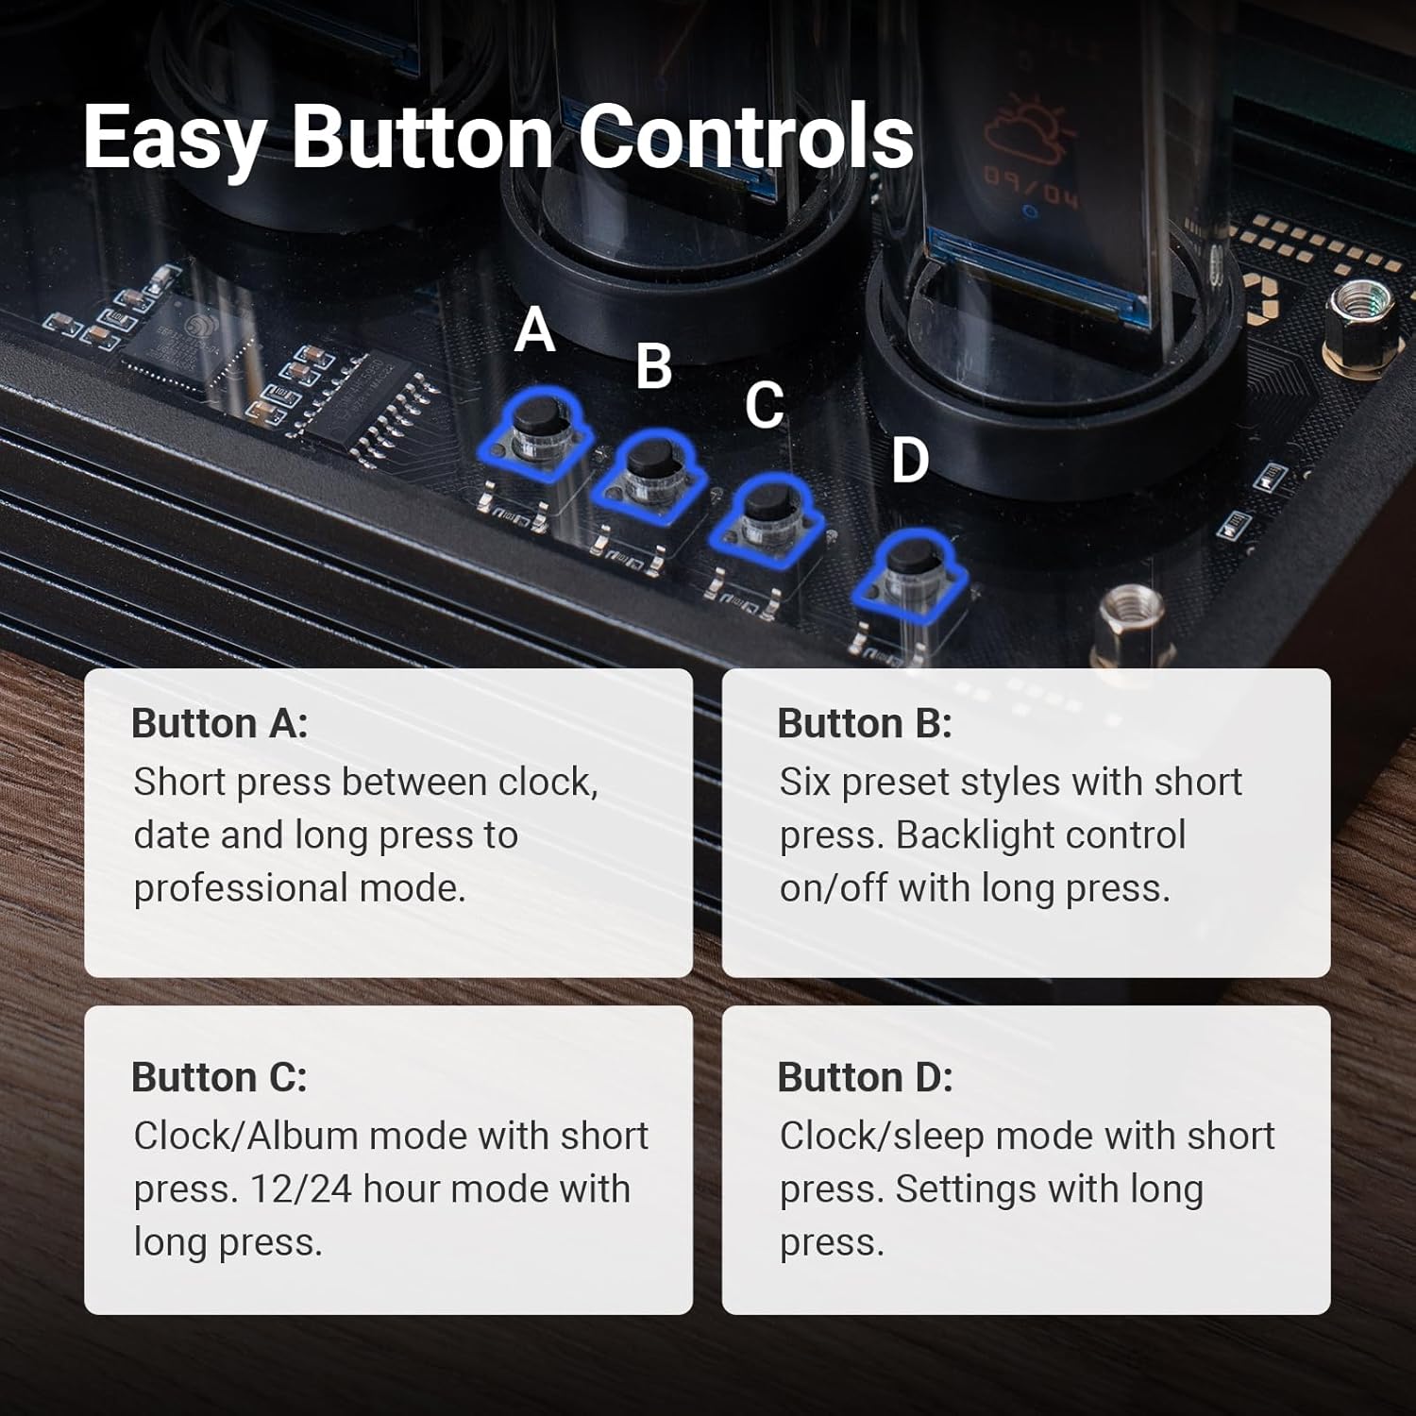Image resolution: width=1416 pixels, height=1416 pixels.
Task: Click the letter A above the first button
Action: (535, 329)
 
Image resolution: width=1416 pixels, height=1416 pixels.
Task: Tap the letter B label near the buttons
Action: (653, 366)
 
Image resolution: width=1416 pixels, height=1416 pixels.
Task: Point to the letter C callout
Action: (765, 405)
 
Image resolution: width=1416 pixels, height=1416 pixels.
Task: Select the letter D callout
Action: (911, 461)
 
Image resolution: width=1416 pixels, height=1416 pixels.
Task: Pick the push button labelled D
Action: (909, 576)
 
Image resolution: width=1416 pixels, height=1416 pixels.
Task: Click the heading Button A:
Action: (220, 723)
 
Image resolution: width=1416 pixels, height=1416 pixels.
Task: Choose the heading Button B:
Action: (865, 723)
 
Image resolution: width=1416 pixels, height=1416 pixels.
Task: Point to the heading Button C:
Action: (220, 1077)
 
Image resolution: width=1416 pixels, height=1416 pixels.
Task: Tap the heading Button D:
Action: (866, 1077)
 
